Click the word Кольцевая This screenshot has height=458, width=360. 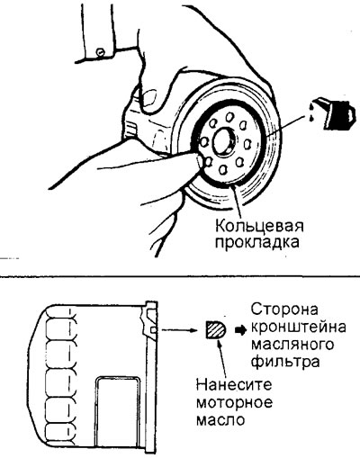259,227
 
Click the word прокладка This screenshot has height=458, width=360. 257,242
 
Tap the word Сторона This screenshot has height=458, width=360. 284,310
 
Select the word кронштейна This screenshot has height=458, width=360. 298,328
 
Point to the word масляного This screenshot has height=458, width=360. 292,345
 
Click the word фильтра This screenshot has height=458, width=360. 284,362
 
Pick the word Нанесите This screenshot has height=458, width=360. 234,384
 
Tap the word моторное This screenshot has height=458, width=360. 234,402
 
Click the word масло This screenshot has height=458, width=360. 220,419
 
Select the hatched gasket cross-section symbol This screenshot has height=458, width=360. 216,329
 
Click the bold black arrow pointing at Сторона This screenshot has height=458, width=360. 240,330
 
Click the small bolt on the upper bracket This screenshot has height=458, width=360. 100,51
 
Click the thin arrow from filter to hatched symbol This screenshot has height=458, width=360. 182,330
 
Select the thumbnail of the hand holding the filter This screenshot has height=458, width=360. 149,97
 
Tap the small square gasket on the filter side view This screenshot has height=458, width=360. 153,330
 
